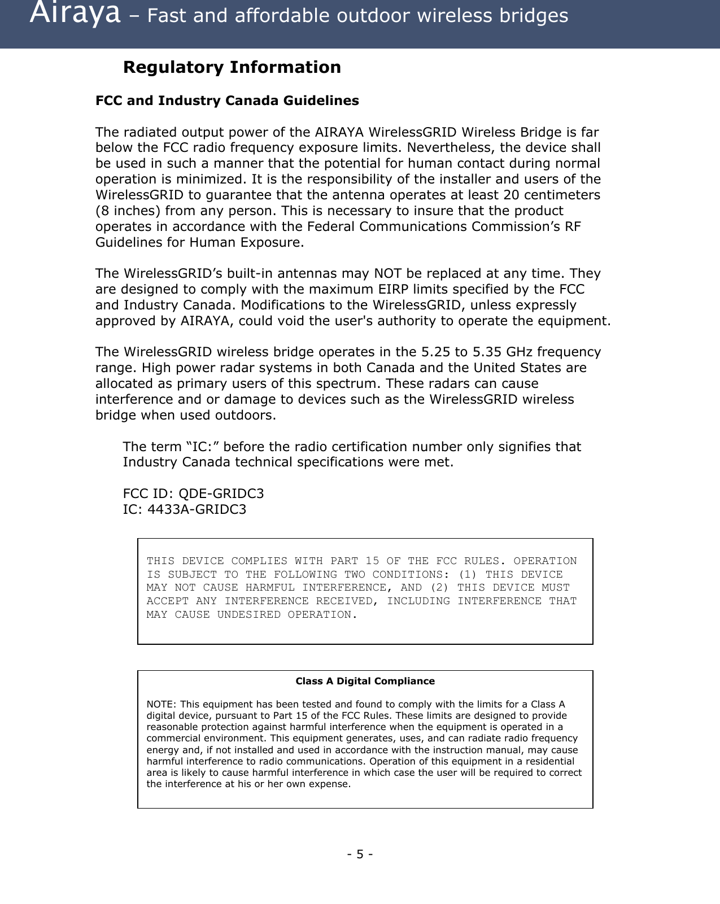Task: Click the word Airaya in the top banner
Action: (x=75, y=14)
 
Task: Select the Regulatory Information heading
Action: (x=232, y=67)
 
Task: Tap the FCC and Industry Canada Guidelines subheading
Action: (x=227, y=101)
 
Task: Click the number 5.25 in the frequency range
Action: (x=436, y=352)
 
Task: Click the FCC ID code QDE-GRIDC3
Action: (x=221, y=494)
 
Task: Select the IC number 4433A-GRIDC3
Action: (x=197, y=510)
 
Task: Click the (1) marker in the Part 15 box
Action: (x=468, y=575)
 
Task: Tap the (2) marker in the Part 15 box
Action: (x=439, y=588)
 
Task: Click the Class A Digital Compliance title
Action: (x=365, y=682)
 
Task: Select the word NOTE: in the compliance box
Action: (x=161, y=704)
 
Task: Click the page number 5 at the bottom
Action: (x=360, y=854)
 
